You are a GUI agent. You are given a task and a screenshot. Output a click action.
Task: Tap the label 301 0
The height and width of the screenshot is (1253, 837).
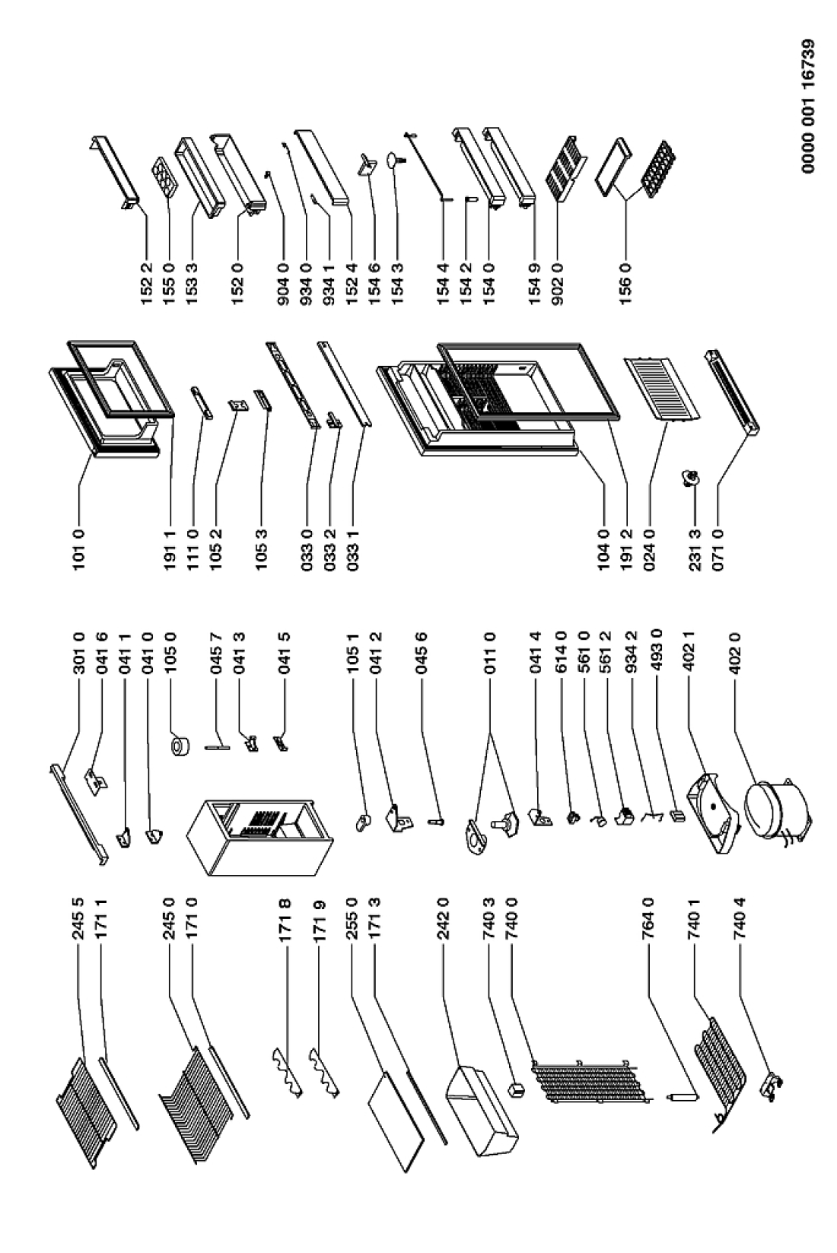click(x=78, y=653)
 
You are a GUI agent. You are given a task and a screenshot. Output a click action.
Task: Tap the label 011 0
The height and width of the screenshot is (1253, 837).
click(x=489, y=653)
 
